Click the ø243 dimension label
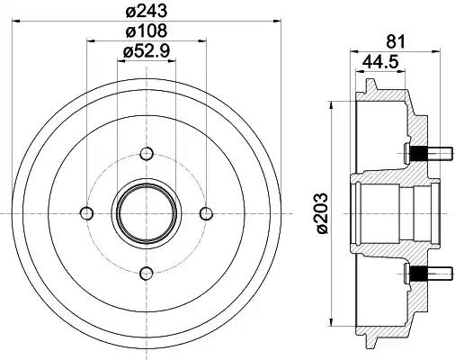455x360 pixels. pyautogui.click(x=147, y=13)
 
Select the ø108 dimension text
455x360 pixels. pyautogui.click(x=147, y=32)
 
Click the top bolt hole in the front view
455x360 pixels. pyautogui.click(x=147, y=153)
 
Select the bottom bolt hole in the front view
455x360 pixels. pyautogui.click(x=147, y=272)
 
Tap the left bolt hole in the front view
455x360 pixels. pyautogui.click(x=87, y=212)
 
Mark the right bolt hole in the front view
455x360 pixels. pyautogui.click(x=206, y=212)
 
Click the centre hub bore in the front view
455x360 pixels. pyautogui.click(x=147, y=212)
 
